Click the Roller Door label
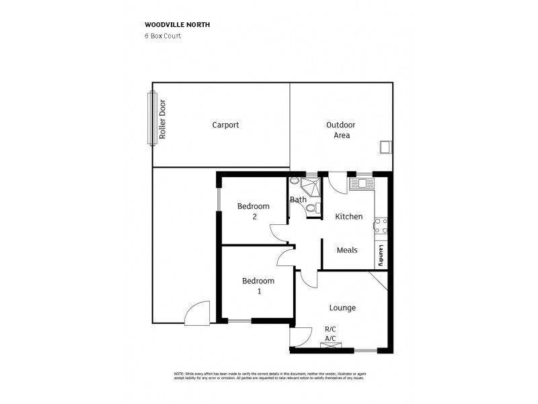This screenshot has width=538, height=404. pos(162,119)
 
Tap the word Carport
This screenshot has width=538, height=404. pos(225,125)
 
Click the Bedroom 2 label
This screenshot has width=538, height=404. pos(254,211)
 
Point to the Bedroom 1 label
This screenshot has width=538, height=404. pos(258,285)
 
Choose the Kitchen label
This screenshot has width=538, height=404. pos(349,216)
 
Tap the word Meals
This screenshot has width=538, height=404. pos(347,250)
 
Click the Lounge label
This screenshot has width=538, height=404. pos(342,308)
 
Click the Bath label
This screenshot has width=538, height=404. pos(298,199)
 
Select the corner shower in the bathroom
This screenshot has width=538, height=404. pos(311,185)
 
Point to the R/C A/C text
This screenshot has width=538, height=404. pos(330,333)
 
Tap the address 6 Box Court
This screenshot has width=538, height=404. pos(163,36)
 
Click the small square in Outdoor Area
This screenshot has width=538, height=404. pos(385,146)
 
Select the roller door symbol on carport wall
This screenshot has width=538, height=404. pos(151,118)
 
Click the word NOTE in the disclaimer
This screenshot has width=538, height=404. pos(179,373)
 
